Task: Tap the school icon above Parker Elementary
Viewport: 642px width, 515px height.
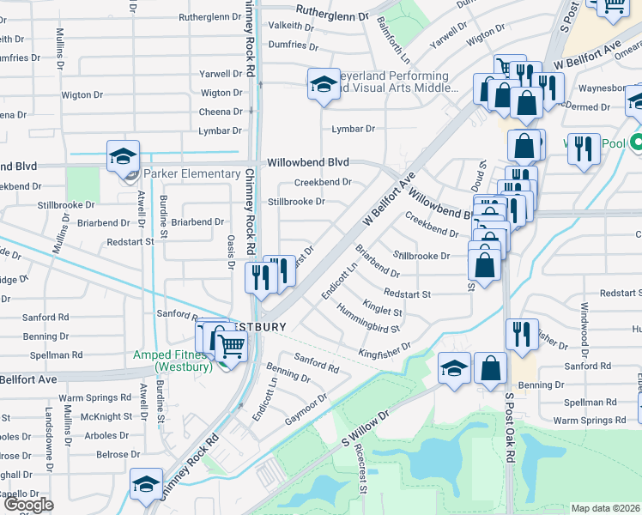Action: pyautogui.click(x=123, y=156)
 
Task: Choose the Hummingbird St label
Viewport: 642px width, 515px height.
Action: pyautogui.click(x=368, y=318)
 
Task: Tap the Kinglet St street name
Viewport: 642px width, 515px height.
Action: pyautogui.click(x=382, y=306)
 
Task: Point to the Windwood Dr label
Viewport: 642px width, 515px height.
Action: pyautogui.click(x=584, y=330)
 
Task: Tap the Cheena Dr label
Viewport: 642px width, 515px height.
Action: pyautogui.click(x=221, y=112)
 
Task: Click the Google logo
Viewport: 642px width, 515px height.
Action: pyautogui.click(x=28, y=505)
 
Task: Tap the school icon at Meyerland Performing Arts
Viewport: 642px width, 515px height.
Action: pyautogui.click(x=323, y=84)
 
